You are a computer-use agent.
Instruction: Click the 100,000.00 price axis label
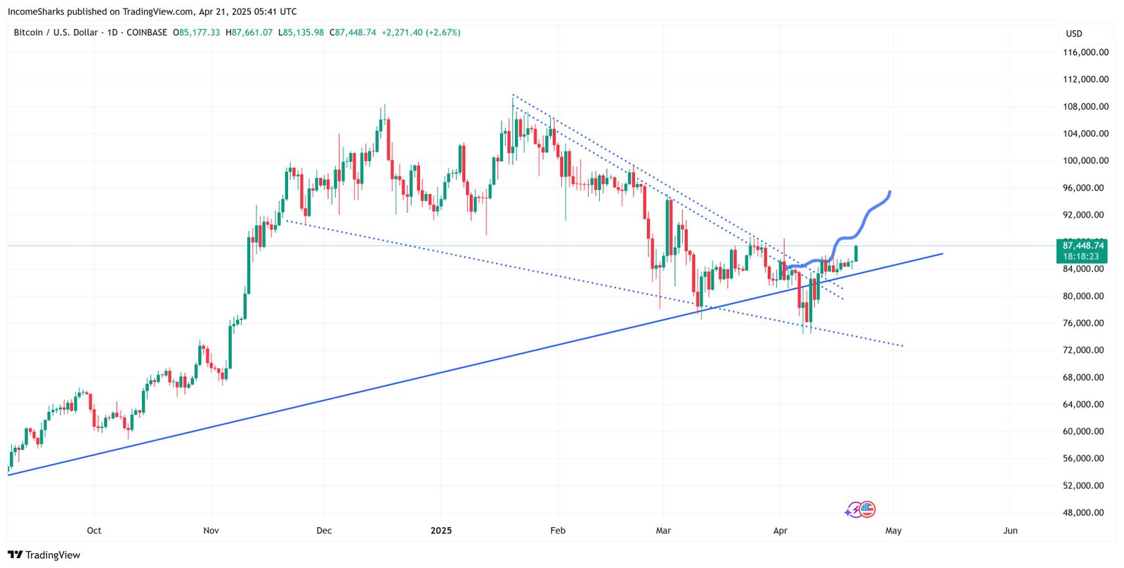tap(1085, 161)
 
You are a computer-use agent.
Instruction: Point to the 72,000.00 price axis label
tap(1083, 350)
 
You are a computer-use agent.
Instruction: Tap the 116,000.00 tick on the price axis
tap(1085, 53)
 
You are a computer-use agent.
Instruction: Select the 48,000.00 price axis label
tap(1083, 512)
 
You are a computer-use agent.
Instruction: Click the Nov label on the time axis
tap(211, 531)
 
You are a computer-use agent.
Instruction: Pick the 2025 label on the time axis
tap(441, 531)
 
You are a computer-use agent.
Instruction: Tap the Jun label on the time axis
tap(1010, 531)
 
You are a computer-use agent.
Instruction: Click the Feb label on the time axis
tap(558, 531)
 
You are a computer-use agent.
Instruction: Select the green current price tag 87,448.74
tap(1083, 245)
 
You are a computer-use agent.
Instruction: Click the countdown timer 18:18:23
tap(1080, 257)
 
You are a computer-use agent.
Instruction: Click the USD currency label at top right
tap(1074, 34)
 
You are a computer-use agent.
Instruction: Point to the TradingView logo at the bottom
tap(44, 555)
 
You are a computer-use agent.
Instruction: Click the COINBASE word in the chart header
tap(147, 32)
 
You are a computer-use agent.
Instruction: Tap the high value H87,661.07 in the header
tap(249, 32)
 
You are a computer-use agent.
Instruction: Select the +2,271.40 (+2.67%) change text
tap(421, 32)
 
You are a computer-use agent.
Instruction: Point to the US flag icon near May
tap(868, 510)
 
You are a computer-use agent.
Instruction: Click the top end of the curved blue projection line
tap(890, 192)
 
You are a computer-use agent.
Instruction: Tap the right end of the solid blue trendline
tap(942, 254)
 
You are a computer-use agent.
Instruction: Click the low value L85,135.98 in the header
tap(301, 32)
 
